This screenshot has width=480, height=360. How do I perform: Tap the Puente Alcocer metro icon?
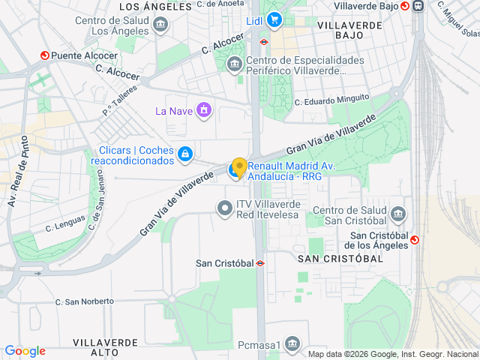point(44,55)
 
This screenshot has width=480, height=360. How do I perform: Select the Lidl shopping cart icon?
point(274,20)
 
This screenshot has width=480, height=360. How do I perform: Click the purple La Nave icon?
point(203,111)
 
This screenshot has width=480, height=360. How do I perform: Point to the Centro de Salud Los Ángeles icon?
point(160,25)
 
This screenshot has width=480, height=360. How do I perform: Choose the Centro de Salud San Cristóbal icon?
point(397,214)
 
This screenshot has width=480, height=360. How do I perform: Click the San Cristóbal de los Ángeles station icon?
point(414,239)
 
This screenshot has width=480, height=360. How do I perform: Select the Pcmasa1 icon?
point(292,345)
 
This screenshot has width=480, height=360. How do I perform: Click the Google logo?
point(25,351)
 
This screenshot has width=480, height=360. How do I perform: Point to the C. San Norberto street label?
point(84,301)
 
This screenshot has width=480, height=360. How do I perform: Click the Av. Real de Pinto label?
point(19,172)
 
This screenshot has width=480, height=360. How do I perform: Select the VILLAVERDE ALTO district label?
point(106,346)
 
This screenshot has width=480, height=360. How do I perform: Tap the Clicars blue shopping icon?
point(184,154)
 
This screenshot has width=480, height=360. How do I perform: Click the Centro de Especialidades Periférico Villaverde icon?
point(235,64)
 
